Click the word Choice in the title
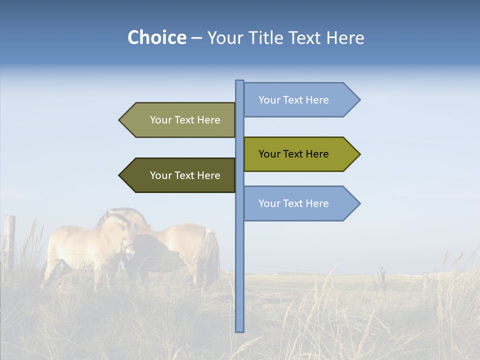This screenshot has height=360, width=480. (x=156, y=38)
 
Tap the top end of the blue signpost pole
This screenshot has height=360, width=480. (x=239, y=81)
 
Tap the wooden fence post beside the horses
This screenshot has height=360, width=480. (x=9, y=240)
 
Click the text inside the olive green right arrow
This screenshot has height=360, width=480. (x=293, y=154)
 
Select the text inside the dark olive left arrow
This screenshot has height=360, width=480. (x=185, y=175)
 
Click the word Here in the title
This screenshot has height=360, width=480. (x=345, y=38)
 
